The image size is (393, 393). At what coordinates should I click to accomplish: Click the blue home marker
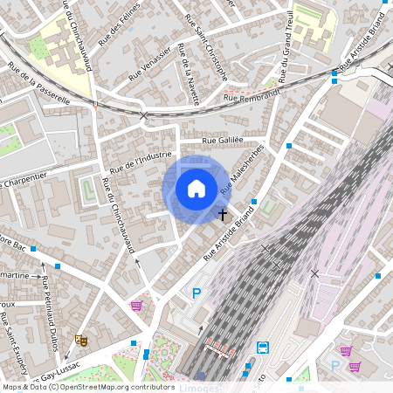coord(196,188)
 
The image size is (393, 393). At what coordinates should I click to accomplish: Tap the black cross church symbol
coord(223,214)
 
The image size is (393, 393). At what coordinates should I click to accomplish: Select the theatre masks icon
coord(81,340)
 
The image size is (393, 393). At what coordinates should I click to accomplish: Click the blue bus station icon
coord(263,348)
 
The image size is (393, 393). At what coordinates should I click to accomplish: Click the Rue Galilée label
coord(221,140)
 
